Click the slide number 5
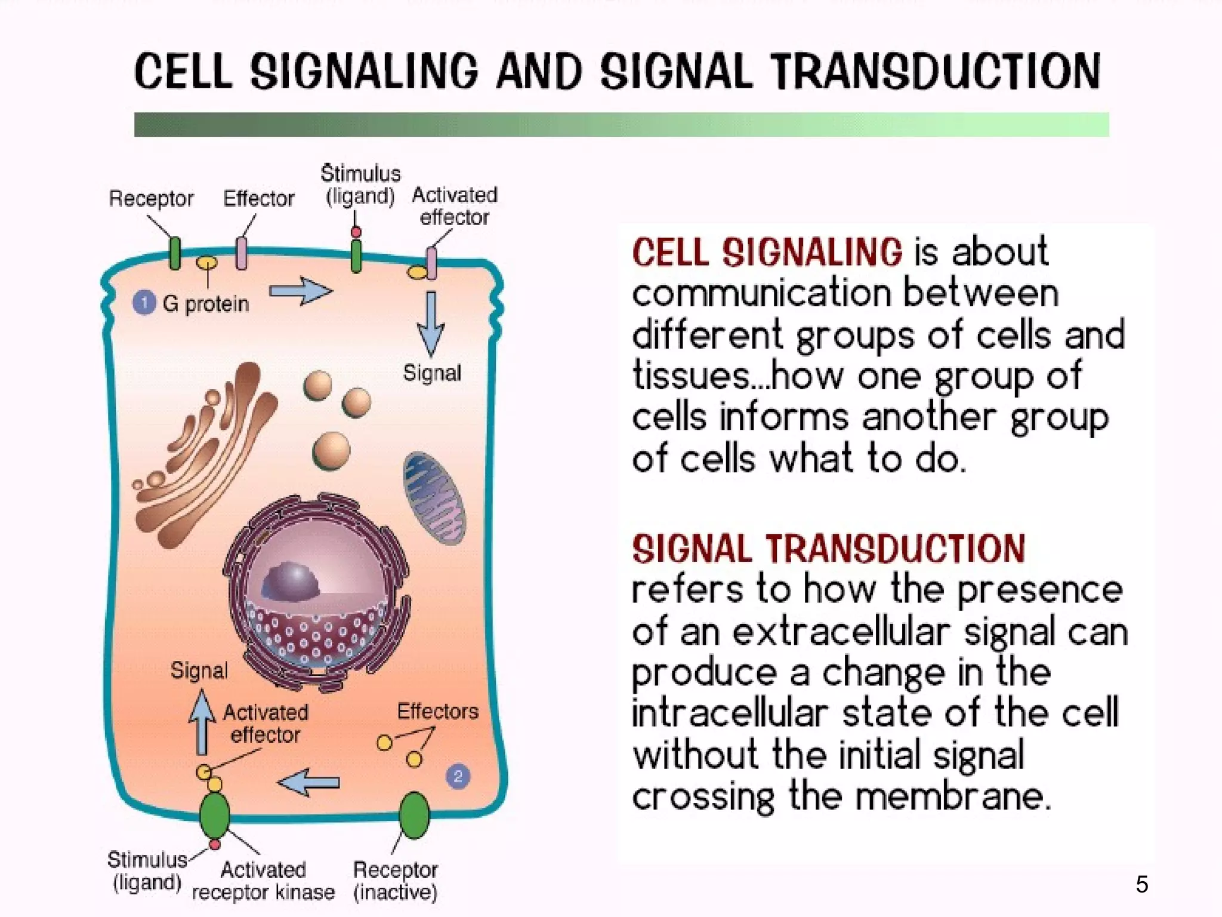click(x=1141, y=884)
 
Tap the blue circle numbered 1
click(x=144, y=303)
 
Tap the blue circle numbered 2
click(x=458, y=776)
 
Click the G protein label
click(x=205, y=304)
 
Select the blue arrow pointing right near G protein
click(x=300, y=291)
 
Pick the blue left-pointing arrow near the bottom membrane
click(x=308, y=782)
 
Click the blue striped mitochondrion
click(x=434, y=498)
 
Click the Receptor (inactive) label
click(x=395, y=881)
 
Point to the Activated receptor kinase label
click(x=263, y=881)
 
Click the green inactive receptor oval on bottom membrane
click(x=413, y=815)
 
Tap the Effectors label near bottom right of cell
click(x=437, y=711)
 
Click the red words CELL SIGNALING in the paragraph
click(x=767, y=252)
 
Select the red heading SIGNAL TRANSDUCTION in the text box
click(x=828, y=549)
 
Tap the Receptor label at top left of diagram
click(x=151, y=198)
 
